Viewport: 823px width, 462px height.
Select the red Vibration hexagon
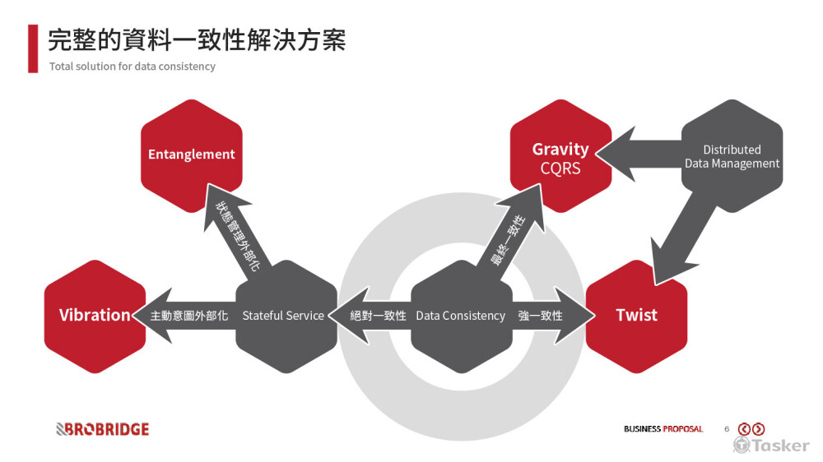pos(94,315)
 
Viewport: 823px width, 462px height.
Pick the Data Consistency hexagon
pos(461,316)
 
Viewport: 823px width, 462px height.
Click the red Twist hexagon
pos(636,315)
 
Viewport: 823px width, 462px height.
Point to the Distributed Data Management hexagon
pos(732,156)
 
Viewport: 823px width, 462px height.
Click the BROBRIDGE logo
pos(102,429)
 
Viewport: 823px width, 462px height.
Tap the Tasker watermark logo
pos(771,445)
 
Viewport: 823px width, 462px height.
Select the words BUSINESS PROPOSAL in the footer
pos(663,429)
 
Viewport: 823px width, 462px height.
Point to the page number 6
pos(727,429)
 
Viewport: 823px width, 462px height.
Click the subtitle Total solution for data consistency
pos(132,67)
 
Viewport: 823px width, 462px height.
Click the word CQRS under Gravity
pos(560,169)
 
